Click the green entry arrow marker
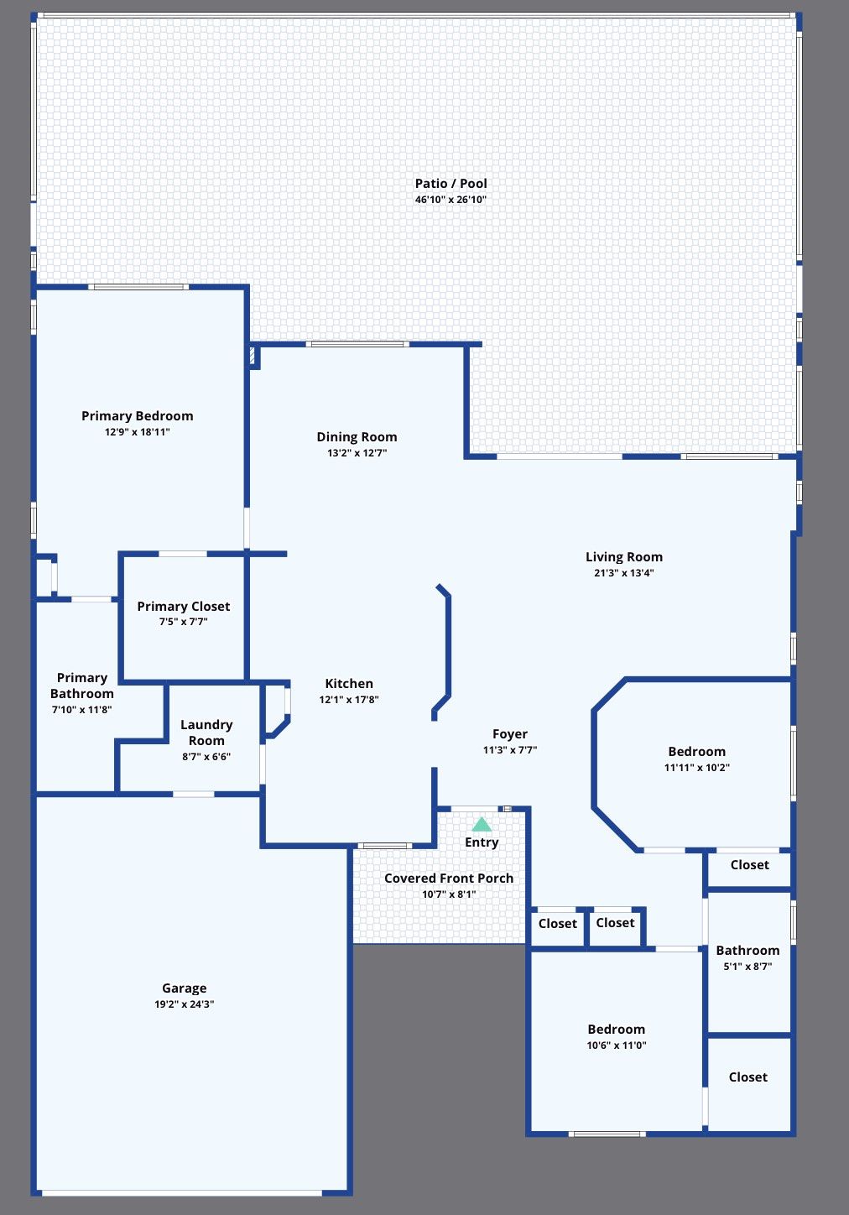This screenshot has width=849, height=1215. click(482, 824)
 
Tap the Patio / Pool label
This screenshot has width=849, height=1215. click(451, 183)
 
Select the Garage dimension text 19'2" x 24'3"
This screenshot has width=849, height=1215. click(184, 1004)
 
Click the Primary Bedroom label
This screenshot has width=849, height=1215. click(137, 415)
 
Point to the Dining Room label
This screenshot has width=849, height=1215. click(357, 436)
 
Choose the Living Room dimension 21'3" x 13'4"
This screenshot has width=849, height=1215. click(623, 573)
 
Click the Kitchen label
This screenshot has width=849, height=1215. click(349, 683)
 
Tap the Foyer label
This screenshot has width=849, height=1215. click(510, 733)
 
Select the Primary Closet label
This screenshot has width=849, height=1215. click(183, 606)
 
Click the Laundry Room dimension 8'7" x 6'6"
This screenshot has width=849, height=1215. click(206, 756)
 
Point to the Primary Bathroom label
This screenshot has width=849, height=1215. click(81, 686)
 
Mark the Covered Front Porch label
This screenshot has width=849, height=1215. click(449, 878)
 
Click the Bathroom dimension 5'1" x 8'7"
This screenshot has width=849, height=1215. click(747, 967)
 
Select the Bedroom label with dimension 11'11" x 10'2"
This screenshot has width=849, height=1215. click(696, 751)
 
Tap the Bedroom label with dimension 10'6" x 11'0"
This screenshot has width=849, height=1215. click(616, 1029)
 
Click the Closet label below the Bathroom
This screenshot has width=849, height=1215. click(747, 1077)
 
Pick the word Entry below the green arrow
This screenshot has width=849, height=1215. click(482, 842)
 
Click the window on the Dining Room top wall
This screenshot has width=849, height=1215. click(357, 344)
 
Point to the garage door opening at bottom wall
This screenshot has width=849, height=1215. click(181, 1192)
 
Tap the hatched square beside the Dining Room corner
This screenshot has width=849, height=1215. click(253, 356)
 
